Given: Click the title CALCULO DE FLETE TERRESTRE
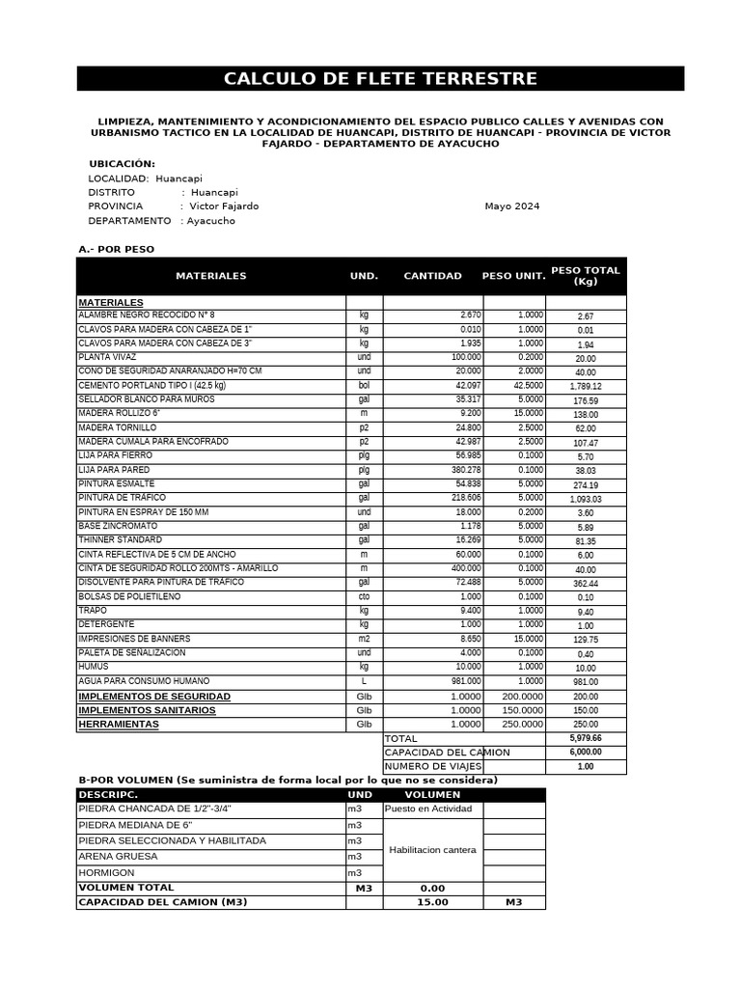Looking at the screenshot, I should tap(380, 79).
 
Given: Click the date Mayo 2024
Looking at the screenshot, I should tap(511, 206).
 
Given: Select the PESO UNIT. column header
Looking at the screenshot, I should tap(513, 276).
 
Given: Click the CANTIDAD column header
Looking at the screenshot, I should tap(432, 276).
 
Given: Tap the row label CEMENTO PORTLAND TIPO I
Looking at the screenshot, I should tap(151, 386).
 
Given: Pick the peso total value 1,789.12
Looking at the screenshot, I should tap(586, 387).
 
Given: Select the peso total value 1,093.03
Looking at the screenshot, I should tap(586, 500).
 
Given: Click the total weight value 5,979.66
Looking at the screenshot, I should tap(586, 738).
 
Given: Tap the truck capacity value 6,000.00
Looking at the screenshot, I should tap(586, 753).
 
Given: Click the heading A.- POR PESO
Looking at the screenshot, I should tap(116, 250).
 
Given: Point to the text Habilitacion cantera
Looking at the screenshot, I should tap(432, 850).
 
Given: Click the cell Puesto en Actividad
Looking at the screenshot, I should tap(427, 810).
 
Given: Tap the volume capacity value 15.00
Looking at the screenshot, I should tap(432, 903).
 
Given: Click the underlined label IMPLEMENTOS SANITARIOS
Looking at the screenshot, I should tap(147, 710).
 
